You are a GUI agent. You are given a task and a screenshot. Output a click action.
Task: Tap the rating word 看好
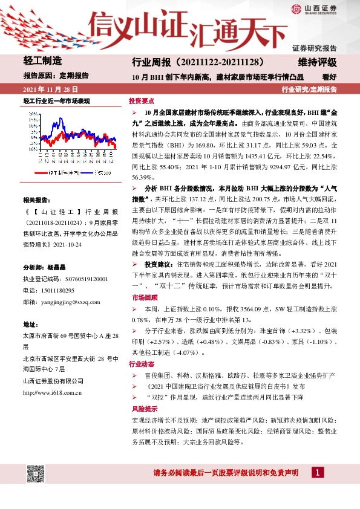pos(329,77)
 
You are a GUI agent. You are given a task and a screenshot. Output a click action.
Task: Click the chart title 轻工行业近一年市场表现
pos(56,101)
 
